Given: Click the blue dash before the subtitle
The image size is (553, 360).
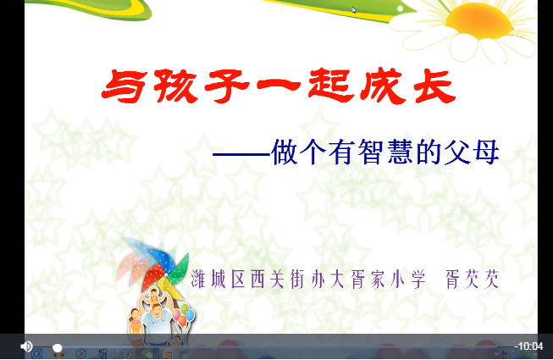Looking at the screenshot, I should pyautogui.click(x=241, y=155).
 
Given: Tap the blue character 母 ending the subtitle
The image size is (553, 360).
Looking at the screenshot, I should pyautogui.click(x=485, y=152).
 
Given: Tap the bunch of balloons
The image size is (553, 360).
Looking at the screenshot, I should pyautogui.click(x=184, y=317).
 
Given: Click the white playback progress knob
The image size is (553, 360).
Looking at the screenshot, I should pyautogui.click(x=58, y=347).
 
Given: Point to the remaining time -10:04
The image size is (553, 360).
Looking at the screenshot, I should pyautogui.click(x=529, y=346).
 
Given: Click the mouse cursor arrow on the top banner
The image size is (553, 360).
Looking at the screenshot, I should pyautogui.click(x=354, y=10).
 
